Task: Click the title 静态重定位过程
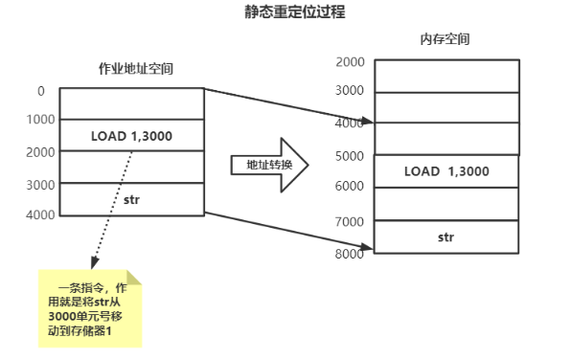[285, 13]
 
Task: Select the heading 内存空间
[445, 40]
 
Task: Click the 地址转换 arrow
[268, 165]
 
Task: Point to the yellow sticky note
[90, 308]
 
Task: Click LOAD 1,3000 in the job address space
[132, 136]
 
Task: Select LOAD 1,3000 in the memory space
[446, 171]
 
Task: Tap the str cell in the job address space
[132, 199]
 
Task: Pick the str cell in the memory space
[446, 236]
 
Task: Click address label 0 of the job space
[41, 91]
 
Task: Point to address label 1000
[41, 121]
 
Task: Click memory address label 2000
[351, 62]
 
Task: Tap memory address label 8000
[351, 254]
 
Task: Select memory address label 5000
[351, 156]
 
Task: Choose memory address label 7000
[351, 222]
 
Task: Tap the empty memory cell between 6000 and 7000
[446, 204]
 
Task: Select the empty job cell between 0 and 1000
[132, 104]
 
